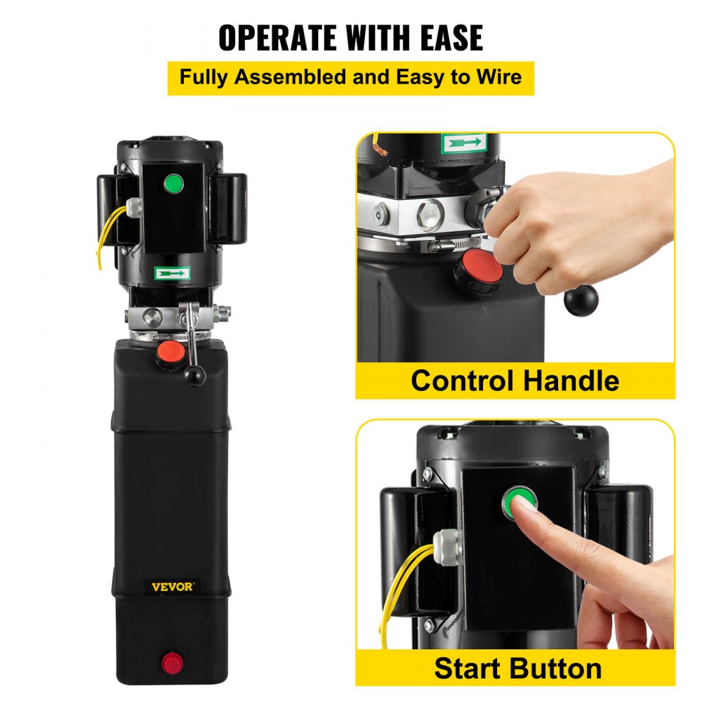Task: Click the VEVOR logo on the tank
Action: click(172, 586)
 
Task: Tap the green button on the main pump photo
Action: click(173, 185)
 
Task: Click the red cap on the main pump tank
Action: click(166, 352)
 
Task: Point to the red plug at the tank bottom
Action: click(171, 662)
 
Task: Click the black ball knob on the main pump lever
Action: click(194, 377)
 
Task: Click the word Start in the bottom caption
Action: click(468, 668)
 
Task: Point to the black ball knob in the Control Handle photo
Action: click(580, 300)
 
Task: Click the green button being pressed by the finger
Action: click(517, 501)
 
